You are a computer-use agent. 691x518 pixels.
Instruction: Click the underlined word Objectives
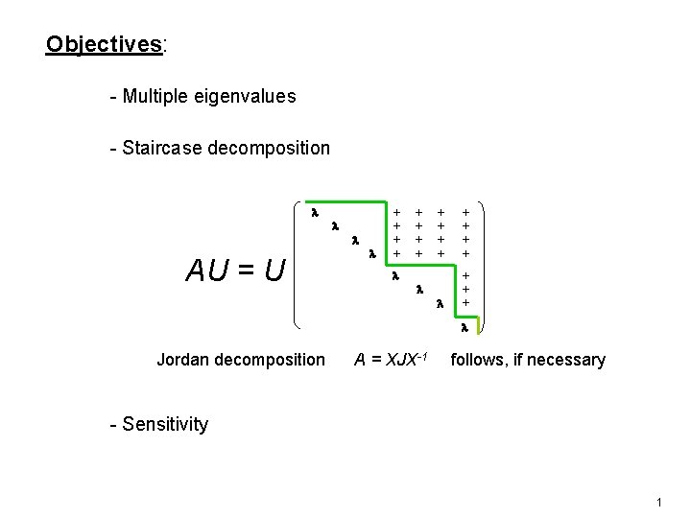[x=105, y=44]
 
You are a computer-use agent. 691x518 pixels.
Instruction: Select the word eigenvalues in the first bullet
[x=249, y=96]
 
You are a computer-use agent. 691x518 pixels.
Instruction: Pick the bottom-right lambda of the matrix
[x=464, y=327]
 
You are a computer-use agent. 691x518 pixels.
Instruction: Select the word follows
[x=477, y=360]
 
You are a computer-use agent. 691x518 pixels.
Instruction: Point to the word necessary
[x=569, y=360]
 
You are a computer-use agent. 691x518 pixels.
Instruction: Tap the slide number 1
[x=660, y=503]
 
